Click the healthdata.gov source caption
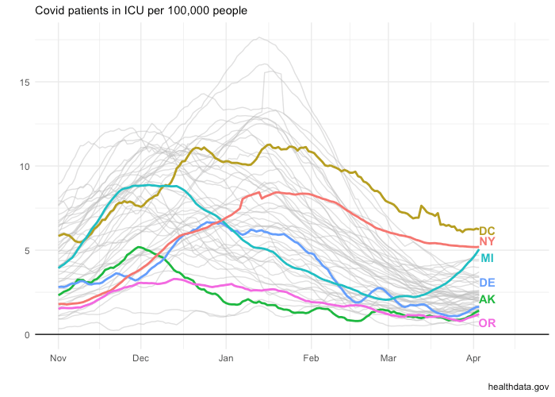click(x=518, y=385)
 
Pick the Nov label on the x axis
click(x=58, y=359)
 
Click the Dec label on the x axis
click(x=140, y=359)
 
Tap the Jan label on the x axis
click(x=226, y=359)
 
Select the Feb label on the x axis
click(x=311, y=359)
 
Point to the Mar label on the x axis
click(x=388, y=359)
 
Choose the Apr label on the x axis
click(x=473, y=359)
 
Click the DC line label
click(x=487, y=231)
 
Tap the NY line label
click(x=488, y=241)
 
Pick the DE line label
click(x=487, y=283)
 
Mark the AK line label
click(x=487, y=299)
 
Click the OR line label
click(x=487, y=323)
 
